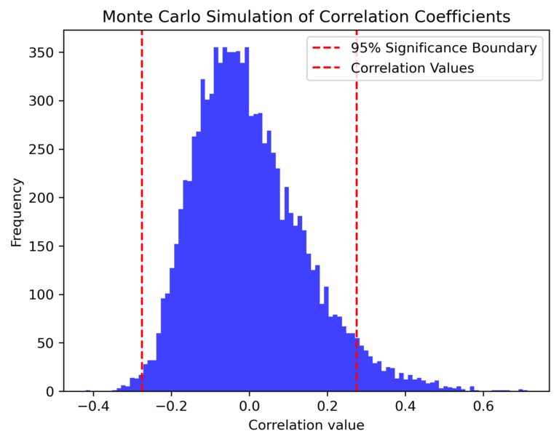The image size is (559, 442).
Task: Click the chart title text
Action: click(306, 16)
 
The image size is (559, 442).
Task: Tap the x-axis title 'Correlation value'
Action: click(306, 425)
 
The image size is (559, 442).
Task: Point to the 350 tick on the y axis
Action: click(47, 53)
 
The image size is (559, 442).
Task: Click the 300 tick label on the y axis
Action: click(47, 101)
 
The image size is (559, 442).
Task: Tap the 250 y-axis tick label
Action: click(47, 150)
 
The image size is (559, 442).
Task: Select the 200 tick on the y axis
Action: click(47, 198)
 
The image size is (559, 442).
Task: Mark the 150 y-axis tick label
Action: click(47, 246)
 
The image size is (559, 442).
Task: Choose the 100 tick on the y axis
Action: click(47, 294)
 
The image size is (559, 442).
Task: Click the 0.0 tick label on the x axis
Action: click(249, 406)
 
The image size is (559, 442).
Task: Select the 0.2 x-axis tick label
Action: click(328, 406)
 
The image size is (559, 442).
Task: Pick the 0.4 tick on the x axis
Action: click(406, 406)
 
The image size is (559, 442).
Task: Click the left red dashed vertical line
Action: click(142, 218)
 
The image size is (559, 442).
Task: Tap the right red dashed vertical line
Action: click(357, 218)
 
